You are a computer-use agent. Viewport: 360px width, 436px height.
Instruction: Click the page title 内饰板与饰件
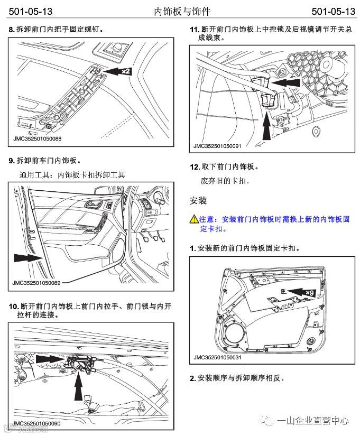(x=179, y=11)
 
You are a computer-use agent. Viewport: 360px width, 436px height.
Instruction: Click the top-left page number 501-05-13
(x=30, y=11)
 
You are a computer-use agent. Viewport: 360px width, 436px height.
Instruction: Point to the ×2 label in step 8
(x=125, y=70)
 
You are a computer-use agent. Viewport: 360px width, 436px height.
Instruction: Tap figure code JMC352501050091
(x=217, y=145)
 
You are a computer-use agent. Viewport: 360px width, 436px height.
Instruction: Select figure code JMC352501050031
(x=217, y=357)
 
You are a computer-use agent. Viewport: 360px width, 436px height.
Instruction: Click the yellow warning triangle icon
(x=194, y=219)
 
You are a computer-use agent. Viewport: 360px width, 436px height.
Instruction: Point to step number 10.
(x=14, y=307)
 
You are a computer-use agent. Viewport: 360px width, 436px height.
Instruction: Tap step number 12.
(x=195, y=167)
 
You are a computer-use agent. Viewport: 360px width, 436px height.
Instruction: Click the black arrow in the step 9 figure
(x=26, y=257)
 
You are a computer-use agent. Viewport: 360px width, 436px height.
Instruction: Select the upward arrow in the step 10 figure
(x=79, y=389)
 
